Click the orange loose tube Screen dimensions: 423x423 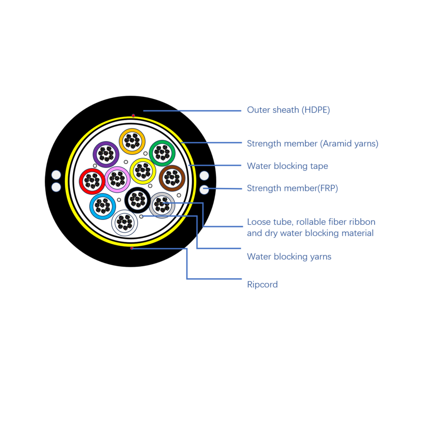(132, 141)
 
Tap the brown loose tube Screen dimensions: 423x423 (172, 179)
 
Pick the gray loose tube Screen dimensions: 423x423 (162, 205)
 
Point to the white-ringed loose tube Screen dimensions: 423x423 (125, 222)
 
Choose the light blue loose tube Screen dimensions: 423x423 (102, 206)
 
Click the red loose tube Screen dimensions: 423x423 (92, 182)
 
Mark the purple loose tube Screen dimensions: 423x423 (106, 154)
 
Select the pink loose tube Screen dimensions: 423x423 (117, 180)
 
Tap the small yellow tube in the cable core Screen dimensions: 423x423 (143, 171)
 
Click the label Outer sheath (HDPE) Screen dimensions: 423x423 (288, 110)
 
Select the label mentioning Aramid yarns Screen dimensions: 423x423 (312, 144)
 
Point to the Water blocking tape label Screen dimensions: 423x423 (287, 166)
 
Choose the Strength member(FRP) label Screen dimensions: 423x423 (292, 189)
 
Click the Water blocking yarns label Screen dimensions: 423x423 (289, 257)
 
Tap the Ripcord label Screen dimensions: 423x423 (262, 285)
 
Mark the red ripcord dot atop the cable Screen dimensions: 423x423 (133, 115)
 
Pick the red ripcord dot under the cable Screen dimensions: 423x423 (132, 248)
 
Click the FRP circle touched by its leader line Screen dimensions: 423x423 (204, 190)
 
